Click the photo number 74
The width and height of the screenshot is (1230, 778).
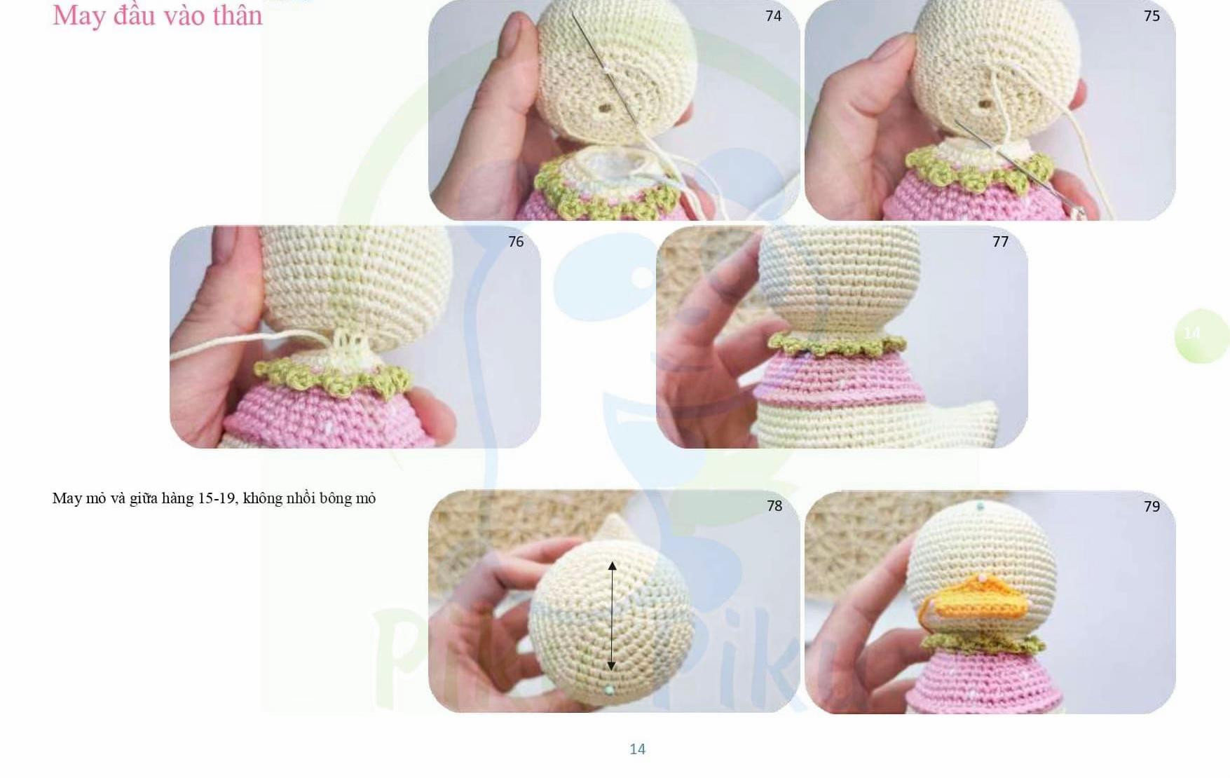[x=773, y=16]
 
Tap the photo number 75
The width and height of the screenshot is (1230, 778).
[x=1152, y=16]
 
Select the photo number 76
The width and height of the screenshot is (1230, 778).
[x=516, y=242]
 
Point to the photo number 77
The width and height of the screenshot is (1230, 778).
[x=1000, y=242]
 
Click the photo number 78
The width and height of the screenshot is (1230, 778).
[x=774, y=506]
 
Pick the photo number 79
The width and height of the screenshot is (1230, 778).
[x=1152, y=507]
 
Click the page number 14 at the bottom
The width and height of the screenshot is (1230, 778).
[x=637, y=749]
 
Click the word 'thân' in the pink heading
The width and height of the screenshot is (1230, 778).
[x=239, y=15]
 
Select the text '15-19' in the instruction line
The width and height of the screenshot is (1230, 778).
[x=217, y=498]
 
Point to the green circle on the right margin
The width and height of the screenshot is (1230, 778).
[x=1201, y=335]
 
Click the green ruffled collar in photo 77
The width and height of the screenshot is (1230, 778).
[x=837, y=344]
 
